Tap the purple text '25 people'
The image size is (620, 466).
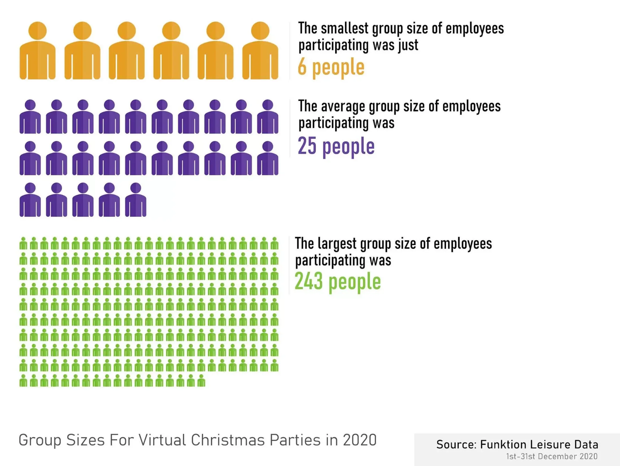pos(336,146)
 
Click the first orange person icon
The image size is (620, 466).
pos(37,51)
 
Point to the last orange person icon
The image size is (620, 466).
pos(260,51)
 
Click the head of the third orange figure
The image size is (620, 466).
pos(126,31)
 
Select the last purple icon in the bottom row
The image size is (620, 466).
pos(136,200)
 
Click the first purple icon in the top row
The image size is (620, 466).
pos(30,117)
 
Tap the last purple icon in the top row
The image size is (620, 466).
pos(268,117)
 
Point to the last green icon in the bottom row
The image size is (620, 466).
pos(201,380)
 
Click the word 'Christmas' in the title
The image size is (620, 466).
pos(228,440)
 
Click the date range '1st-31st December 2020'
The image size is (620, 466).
pos(552,456)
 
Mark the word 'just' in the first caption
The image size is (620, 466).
pos(408,45)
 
